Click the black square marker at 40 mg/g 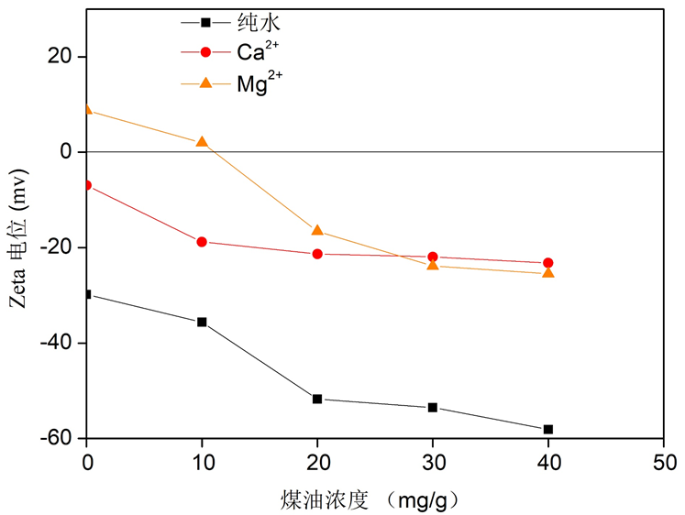[548, 429]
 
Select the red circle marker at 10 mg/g [202, 242]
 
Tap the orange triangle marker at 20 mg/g [317, 231]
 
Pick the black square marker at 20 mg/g [317, 399]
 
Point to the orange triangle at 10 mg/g [202, 142]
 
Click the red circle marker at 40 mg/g [548, 263]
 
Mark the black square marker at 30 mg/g [433, 407]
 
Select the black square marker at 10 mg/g [202, 322]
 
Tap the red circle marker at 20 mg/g [317, 254]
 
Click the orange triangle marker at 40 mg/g [548, 273]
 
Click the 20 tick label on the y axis [61, 57]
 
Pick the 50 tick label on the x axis [664, 463]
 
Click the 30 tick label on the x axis [433, 463]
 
